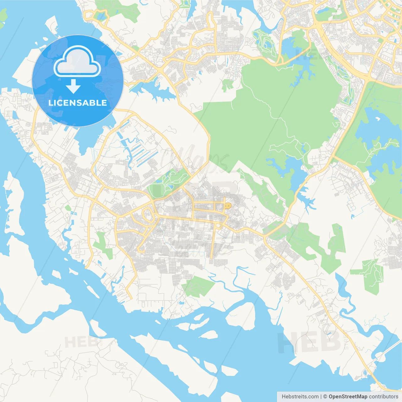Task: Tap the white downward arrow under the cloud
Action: pyautogui.click(x=73, y=86)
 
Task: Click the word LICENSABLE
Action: pyautogui.click(x=78, y=103)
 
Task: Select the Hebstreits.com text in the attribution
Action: pyautogui.click(x=300, y=397)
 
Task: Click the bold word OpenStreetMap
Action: pyautogui.click(x=348, y=397)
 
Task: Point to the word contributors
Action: pyautogui.click(x=383, y=397)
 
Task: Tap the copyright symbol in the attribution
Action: pyautogui.click(x=325, y=397)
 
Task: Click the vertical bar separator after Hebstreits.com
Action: pyautogui.click(x=321, y=397)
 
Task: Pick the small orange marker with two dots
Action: pyautogui.click(x=228, y=205)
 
